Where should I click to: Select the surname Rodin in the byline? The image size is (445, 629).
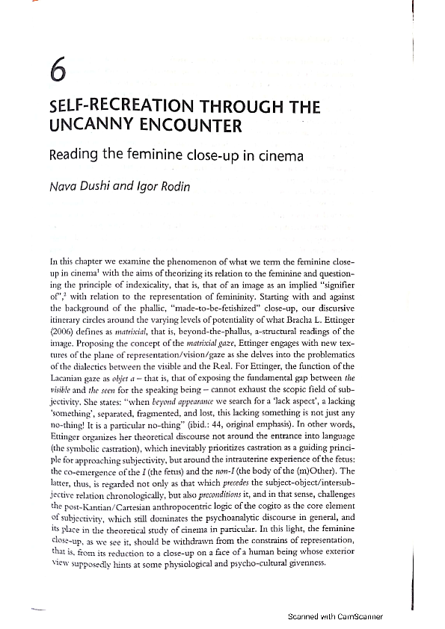click(173, 186)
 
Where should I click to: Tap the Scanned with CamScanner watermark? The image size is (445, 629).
click(335, 617)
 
